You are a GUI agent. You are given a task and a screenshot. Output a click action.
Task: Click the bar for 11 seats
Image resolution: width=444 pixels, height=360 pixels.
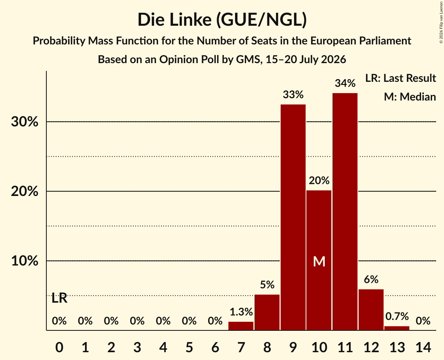[345, 212]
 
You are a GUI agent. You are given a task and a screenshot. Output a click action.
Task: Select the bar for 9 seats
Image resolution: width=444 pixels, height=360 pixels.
[293, 217]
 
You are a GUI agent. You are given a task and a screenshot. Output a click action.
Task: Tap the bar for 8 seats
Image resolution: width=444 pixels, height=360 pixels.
[267, 312]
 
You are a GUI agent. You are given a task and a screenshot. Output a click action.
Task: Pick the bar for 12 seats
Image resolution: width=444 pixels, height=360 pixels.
[371, 310]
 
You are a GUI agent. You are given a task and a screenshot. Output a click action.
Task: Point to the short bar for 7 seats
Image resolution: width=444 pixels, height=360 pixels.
[241, 326]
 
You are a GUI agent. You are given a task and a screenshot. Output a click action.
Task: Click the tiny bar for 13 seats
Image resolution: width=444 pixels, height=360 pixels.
[397, 328]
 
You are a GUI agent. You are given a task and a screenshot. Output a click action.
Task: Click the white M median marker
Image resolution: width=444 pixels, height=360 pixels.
[319, 261]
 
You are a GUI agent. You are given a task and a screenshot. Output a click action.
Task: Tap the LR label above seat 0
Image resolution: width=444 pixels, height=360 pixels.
[60, 298]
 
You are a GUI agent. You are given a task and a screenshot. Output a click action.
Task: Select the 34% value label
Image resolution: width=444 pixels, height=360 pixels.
[345, 83]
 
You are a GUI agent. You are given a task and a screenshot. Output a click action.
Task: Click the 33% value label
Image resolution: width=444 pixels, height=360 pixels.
[293, 95]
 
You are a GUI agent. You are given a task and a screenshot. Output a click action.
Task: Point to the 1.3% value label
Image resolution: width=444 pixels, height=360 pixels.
[241, 312]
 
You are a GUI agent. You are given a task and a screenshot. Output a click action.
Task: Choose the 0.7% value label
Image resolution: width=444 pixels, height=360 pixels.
[397, 316]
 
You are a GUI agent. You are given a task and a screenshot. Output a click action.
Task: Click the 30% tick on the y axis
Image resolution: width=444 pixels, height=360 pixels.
[25, 122]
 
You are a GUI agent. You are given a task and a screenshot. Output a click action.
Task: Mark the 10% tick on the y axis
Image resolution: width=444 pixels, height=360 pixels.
[25, 261]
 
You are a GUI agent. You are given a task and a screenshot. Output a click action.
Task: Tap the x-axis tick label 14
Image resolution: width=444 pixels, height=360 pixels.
[423, 347]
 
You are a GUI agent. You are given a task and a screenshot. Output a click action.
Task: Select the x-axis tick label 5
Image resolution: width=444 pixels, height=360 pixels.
[189, 347]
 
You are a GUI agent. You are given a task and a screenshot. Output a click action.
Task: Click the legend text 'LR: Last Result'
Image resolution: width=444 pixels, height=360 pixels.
[400, 78]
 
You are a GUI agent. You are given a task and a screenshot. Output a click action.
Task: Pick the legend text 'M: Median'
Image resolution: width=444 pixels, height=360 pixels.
[410, 97]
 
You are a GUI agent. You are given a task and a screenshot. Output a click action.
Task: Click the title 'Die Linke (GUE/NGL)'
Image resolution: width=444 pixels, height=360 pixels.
[222, 20]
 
